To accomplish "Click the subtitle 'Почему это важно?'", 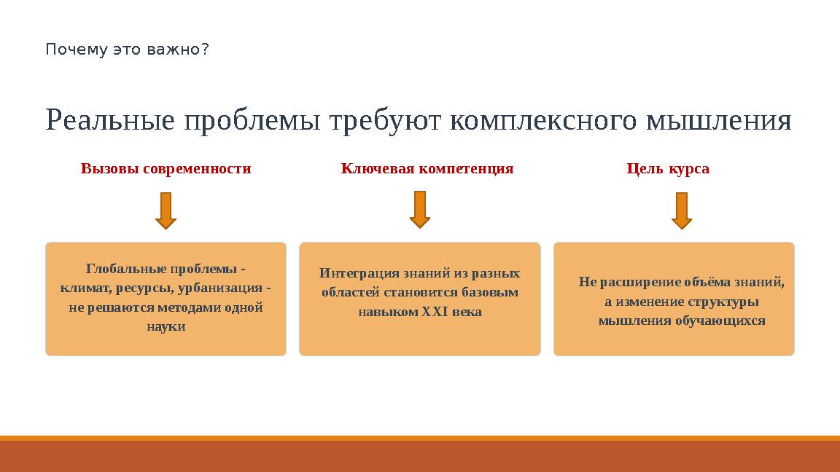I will pyautogui.click(x=127, y=50).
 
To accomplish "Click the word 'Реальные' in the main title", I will pyautogui.click(x=110, y=121).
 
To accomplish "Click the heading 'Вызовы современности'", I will pyautogui.click(x=166, y=169).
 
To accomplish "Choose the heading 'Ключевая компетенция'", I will pyautogui.click(x=427, y=169).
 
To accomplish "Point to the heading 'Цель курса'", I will pyautogui.click(x=668, y=169).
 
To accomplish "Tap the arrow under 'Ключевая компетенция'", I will pyautogui.click(x=420, y=210).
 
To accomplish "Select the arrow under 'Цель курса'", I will pyautogui.click(x=681, y=211).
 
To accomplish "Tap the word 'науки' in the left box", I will pyautogui.click(x=166, y=327).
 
